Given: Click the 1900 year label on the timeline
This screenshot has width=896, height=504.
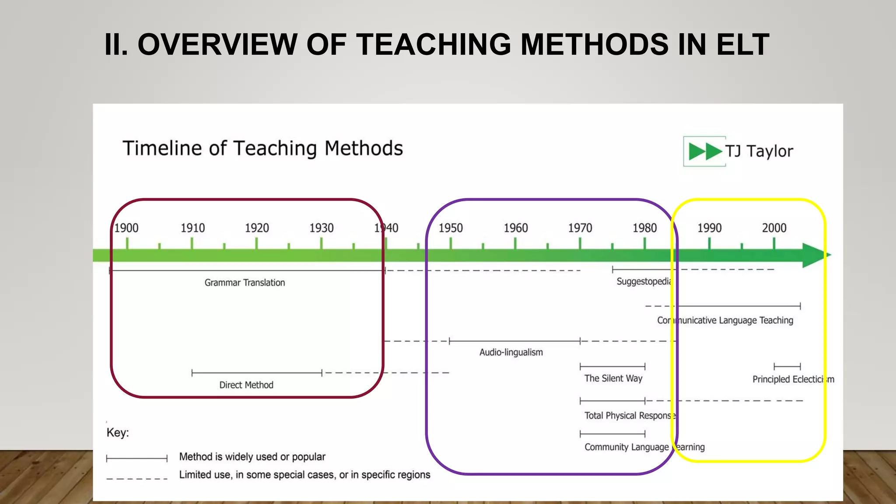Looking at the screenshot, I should [126, 228].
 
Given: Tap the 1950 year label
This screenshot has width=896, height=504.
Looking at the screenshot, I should [451, 228].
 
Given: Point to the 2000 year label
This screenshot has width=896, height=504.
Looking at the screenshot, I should [774, 228].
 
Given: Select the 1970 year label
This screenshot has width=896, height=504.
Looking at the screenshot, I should [580, 228].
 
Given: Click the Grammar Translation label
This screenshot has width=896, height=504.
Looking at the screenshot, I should [245, 283].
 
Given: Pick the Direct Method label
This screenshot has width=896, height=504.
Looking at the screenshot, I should [246, 385].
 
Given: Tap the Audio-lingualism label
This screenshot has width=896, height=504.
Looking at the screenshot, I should [511, 352].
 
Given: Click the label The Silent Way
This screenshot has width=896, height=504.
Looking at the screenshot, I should [613, 378].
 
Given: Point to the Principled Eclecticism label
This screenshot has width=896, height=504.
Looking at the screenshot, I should [793, 379].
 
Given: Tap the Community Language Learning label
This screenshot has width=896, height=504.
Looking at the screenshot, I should [644, 447].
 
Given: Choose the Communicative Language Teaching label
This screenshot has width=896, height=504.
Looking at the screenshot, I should [725, 320].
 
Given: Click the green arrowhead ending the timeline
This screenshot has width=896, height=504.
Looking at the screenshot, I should [815, 255].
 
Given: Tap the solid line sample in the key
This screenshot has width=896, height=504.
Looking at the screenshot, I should [137, 458].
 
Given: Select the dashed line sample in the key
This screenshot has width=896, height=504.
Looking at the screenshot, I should [137, 478].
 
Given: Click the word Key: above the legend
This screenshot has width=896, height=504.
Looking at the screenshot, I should [118, 433].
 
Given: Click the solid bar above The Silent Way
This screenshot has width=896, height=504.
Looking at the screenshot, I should [612, 366].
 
